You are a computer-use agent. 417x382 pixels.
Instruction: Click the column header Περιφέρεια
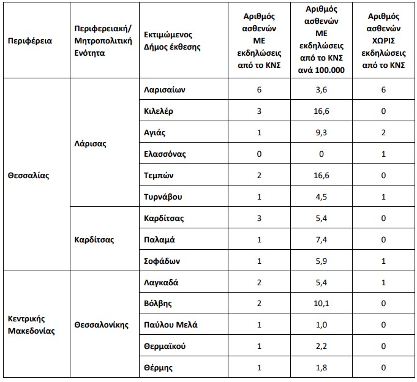pos(29,41)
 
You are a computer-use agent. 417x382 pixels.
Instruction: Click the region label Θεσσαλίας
pos(28,175)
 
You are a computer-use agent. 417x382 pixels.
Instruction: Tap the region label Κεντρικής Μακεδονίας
pos(32,325)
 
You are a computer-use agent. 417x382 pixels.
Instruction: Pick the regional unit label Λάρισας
pos(89,143)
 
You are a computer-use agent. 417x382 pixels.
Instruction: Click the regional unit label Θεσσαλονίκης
pos(101,325)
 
